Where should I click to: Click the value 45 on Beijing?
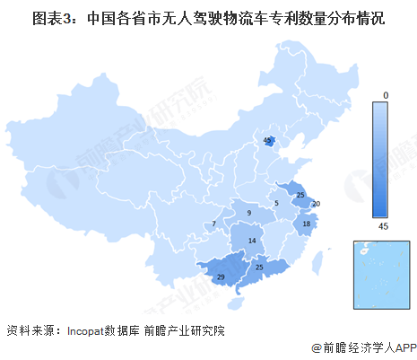tap(267, 141)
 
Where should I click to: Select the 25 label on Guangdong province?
tap(259, 268)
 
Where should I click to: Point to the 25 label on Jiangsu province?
tap(301, 195)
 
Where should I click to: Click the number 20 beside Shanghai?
tap(317, 205)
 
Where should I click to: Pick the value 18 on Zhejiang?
tap(306, 224)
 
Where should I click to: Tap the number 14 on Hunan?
tap(254, 241)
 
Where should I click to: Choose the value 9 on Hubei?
tap(250, 214)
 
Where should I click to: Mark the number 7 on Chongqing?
tap(213, 224)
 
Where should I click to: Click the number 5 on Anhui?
tap(276, 204)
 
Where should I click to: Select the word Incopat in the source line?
tap(91, 329)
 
